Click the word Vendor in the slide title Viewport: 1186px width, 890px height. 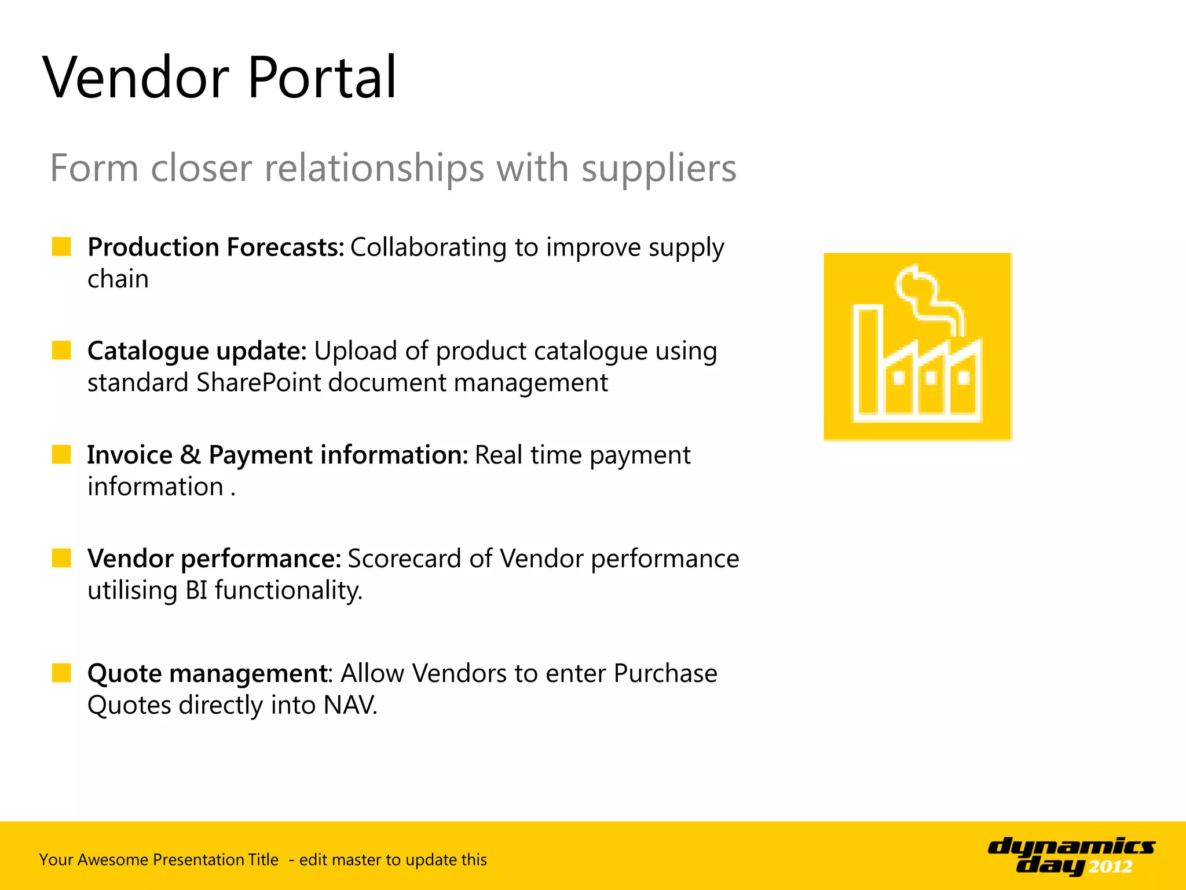(x=136, y=78)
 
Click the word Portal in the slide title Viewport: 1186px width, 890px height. (x=322, y=78)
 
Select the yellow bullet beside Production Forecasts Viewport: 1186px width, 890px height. (x=61, y=246)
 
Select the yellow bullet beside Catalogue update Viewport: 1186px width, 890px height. (x=61, y=350)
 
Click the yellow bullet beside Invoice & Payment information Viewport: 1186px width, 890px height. (x=61, y=454)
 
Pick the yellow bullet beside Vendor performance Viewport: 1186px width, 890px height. (x=61, y=558)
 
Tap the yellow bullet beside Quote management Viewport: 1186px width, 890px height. (x=61, y=673)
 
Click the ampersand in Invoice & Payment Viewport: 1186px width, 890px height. (x=190, y=455)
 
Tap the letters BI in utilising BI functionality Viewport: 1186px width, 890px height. (x=196, y=590)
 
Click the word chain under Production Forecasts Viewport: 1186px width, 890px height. (x=118, y=279)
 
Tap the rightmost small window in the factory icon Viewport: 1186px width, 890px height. (x=964, y=378)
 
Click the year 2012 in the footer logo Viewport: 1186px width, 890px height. (x=1110, y=867)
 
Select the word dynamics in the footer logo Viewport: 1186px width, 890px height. (x=1071, y=847)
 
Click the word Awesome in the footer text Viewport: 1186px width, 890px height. (x=112, y=859)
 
